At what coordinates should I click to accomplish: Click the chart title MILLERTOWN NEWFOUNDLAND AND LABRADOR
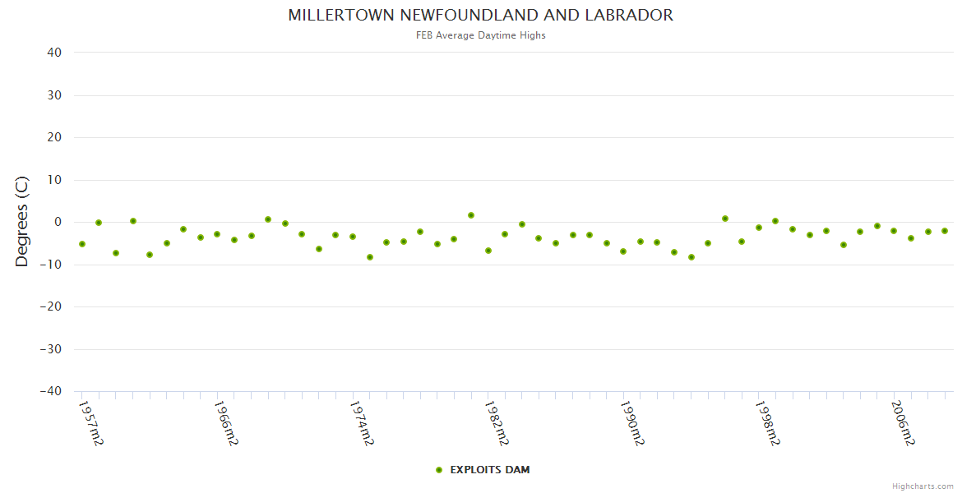point(480,16)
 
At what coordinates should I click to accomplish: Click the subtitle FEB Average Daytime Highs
point(480,35)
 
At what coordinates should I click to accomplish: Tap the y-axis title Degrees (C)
point(22,221)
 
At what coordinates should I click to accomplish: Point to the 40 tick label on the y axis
point(55,53)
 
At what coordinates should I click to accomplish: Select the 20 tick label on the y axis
point(55,137)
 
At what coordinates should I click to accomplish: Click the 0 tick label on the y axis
point(58,222)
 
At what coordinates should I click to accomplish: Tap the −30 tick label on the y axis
point(51,349)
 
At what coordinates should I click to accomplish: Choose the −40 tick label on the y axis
point(51,392)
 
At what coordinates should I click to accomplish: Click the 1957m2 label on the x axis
point(90,424)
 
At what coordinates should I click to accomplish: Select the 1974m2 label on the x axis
point(362,424)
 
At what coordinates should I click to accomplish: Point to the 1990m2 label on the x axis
point(631,424)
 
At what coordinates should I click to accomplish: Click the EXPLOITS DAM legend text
point(490,470)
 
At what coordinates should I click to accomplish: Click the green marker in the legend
point(439,470)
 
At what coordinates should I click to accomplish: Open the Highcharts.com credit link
point(923,486)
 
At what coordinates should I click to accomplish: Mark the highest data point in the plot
point(471,215)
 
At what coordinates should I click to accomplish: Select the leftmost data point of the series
point(82,244)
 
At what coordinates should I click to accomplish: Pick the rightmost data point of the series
point(945,231)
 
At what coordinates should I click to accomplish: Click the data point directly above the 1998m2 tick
point(759,228)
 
